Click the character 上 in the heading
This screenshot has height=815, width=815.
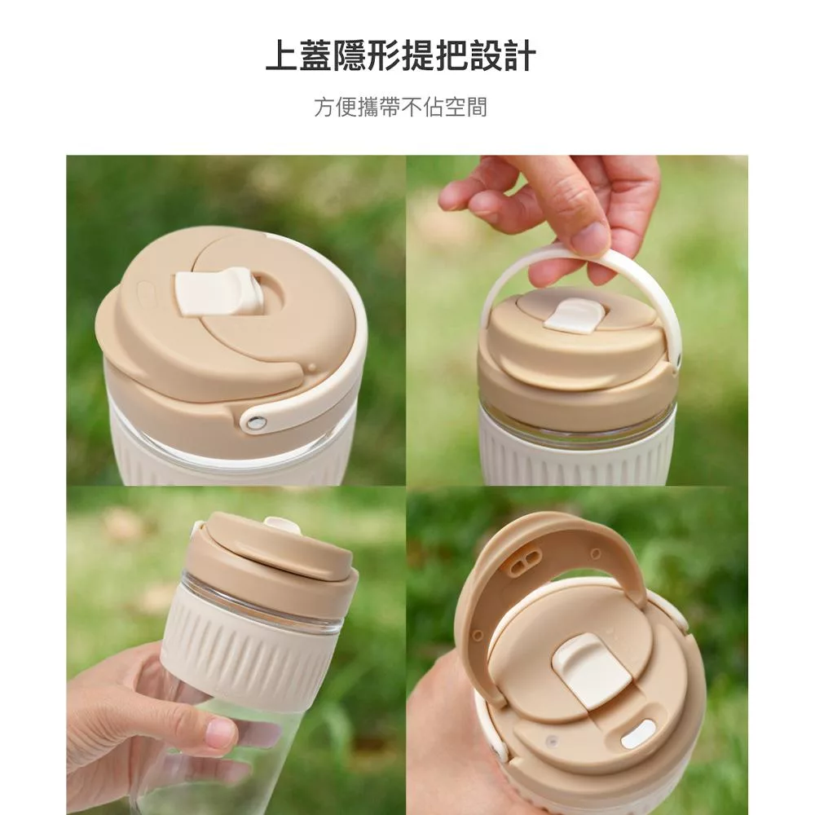[x=282, y=55]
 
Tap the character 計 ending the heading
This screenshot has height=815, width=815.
[x=519, y=55]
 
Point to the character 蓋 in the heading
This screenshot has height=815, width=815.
[x=316, y=55]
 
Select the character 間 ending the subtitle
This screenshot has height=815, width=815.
[x=477, y=107]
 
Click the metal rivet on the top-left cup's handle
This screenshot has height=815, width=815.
[x=254, y=422]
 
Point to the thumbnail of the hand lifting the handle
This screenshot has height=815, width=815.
[x=577, y=320]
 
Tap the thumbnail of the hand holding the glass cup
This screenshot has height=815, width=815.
[x=236, y=650]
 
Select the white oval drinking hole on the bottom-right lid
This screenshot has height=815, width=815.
[x=638, y=734]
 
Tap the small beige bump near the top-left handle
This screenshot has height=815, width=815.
[x=312, y=368]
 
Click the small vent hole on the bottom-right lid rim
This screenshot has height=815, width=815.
[x=553, y=738]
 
